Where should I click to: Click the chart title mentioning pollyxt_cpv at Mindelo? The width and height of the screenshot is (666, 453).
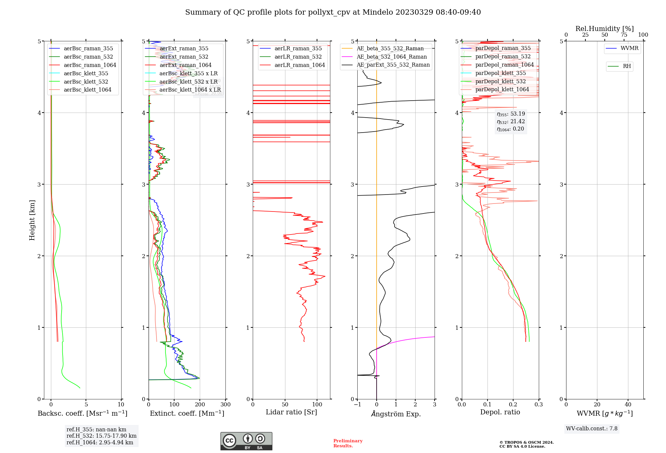[333, 12]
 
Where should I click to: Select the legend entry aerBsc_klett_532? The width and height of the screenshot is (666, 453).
[86, 82]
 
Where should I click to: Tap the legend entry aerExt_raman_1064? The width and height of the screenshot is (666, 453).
[185, 65]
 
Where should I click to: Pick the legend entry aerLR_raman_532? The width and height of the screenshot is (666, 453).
[298, 57]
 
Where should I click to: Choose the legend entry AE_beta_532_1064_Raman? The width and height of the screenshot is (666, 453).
[392, 57]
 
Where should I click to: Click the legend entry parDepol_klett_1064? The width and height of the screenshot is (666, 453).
[502, 90]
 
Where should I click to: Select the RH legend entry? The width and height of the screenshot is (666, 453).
[627, 66]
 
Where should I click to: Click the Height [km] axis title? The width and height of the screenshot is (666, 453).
[32, 220]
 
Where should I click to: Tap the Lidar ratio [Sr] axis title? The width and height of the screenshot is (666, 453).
[291, 412]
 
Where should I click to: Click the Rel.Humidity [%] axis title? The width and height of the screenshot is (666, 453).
[604, 29]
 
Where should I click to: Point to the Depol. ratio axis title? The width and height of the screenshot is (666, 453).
[500, 412]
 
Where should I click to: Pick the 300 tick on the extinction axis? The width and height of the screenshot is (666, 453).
[225, 405]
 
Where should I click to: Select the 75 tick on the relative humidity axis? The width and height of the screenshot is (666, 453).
[624, 35]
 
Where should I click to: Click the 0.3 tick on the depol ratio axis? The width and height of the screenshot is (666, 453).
[538, 405]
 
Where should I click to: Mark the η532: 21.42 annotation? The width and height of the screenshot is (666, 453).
[511, 122]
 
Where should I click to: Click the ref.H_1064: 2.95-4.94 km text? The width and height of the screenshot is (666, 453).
[100, 443]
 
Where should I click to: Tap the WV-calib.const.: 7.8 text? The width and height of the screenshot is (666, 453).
[591, 429]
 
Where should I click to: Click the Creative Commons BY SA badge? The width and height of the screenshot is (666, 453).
[246, 441]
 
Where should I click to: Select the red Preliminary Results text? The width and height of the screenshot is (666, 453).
[348, 443]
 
